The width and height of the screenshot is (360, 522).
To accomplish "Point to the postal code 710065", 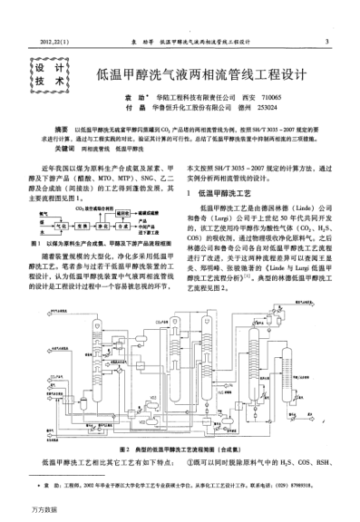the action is pos(268,96).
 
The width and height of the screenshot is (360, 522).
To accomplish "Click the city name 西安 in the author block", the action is pos(242,96).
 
